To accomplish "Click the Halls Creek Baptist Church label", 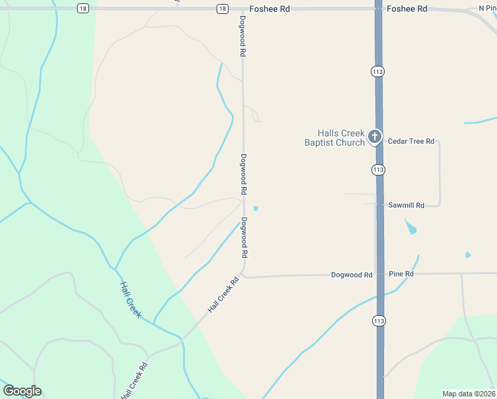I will tap(334, 138).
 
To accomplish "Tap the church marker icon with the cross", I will tap(375, 138).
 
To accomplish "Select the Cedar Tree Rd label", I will tap(411, 141).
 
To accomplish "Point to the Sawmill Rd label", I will tap(406, 205).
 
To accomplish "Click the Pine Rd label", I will tap(401, 274).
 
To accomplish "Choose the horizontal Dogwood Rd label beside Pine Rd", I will tap(351, 275).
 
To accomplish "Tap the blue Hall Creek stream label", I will tap(130, 299).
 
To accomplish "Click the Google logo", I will tap(22, 391).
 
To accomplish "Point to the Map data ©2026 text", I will tap(468, 394).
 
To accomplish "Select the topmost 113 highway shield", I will tap(379, 71).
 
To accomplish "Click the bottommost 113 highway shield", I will tap(379, 321).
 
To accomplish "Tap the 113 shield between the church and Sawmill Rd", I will tap(379, 170).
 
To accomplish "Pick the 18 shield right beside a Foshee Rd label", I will tap(222, 9).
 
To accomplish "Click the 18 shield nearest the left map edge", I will tap(82, 8).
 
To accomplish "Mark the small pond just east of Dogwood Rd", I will tap(256, 208).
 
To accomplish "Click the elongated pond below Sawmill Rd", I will tap(411, 228).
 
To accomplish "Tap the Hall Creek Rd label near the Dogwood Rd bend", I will tap(223, 295).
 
